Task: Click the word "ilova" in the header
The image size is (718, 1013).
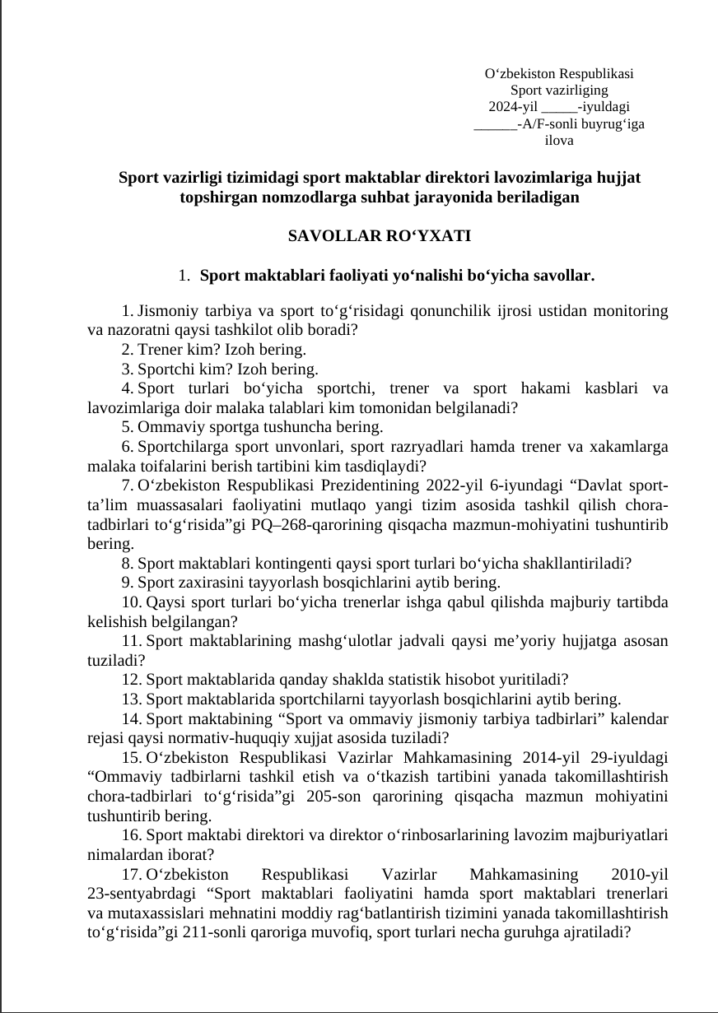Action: tap(559, 141)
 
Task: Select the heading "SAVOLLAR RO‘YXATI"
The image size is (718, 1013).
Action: tap(380, 236)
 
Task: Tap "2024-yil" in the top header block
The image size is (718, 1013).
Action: tap(514, 107)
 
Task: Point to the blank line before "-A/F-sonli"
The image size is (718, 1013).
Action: tap(495, 124)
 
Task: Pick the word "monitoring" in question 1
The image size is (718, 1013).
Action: tap(629, 312)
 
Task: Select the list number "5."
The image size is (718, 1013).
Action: tap(128, 427)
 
